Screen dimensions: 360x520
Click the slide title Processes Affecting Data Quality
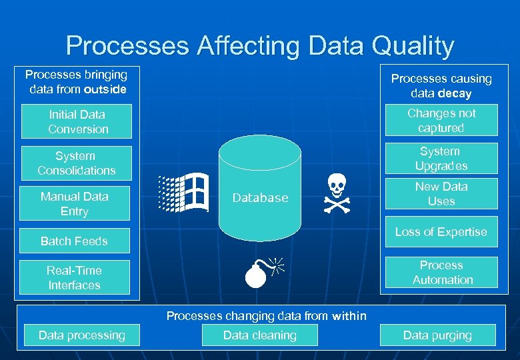(x=260, y=46)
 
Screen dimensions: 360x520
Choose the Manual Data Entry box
(x=74, y=204)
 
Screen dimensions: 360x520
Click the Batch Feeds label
(x=74, y=241)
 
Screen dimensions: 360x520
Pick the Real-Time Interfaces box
(x=74, y=278)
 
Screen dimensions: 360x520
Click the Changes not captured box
(x=441, y=121)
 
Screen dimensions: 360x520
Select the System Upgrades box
(x=441, y=159)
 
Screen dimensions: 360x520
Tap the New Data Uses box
(x=441, y=194)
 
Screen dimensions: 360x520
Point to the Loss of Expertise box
(x=441, y=232)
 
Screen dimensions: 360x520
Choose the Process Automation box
(x=441, y=273)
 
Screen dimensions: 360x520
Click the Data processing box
(x=81, y=335)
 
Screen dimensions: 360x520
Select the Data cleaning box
(x=259, y=335)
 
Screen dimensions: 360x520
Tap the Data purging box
(x=437, y=335)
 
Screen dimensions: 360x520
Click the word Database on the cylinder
(x=260, y=198)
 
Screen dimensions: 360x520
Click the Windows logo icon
(x=183, y=193)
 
